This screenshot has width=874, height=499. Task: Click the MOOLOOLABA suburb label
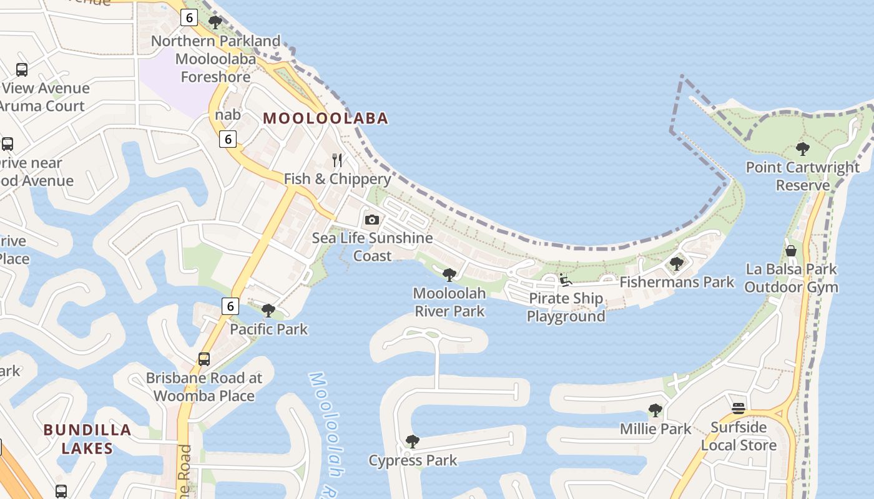click(325, 118)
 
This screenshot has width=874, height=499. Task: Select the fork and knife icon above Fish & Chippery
click(337, 160)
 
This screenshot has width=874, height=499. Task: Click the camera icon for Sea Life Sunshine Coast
click(372, 220)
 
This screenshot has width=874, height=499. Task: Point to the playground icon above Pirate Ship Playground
click(566, 280)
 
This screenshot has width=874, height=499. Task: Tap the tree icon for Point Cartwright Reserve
click(802, 149)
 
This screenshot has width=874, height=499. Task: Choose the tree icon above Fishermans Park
click(676, 264)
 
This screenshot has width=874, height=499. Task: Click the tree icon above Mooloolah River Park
click(449, 275)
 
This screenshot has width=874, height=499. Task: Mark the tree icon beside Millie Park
click(655, 410)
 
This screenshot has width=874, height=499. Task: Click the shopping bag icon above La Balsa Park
click(791, 251)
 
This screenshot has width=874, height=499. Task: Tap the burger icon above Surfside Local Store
click(739, 409)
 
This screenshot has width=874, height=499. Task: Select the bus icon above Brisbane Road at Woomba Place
click(204, 359)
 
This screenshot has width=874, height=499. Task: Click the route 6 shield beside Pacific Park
click(230, 306)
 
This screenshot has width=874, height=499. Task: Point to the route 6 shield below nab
click(228, 139)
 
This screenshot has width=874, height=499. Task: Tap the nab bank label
click(228, 115)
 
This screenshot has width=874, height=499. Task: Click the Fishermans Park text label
click(677, 282)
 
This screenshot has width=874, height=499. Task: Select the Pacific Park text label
click(268, 329)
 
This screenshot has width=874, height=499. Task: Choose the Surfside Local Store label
click(739, 436)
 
